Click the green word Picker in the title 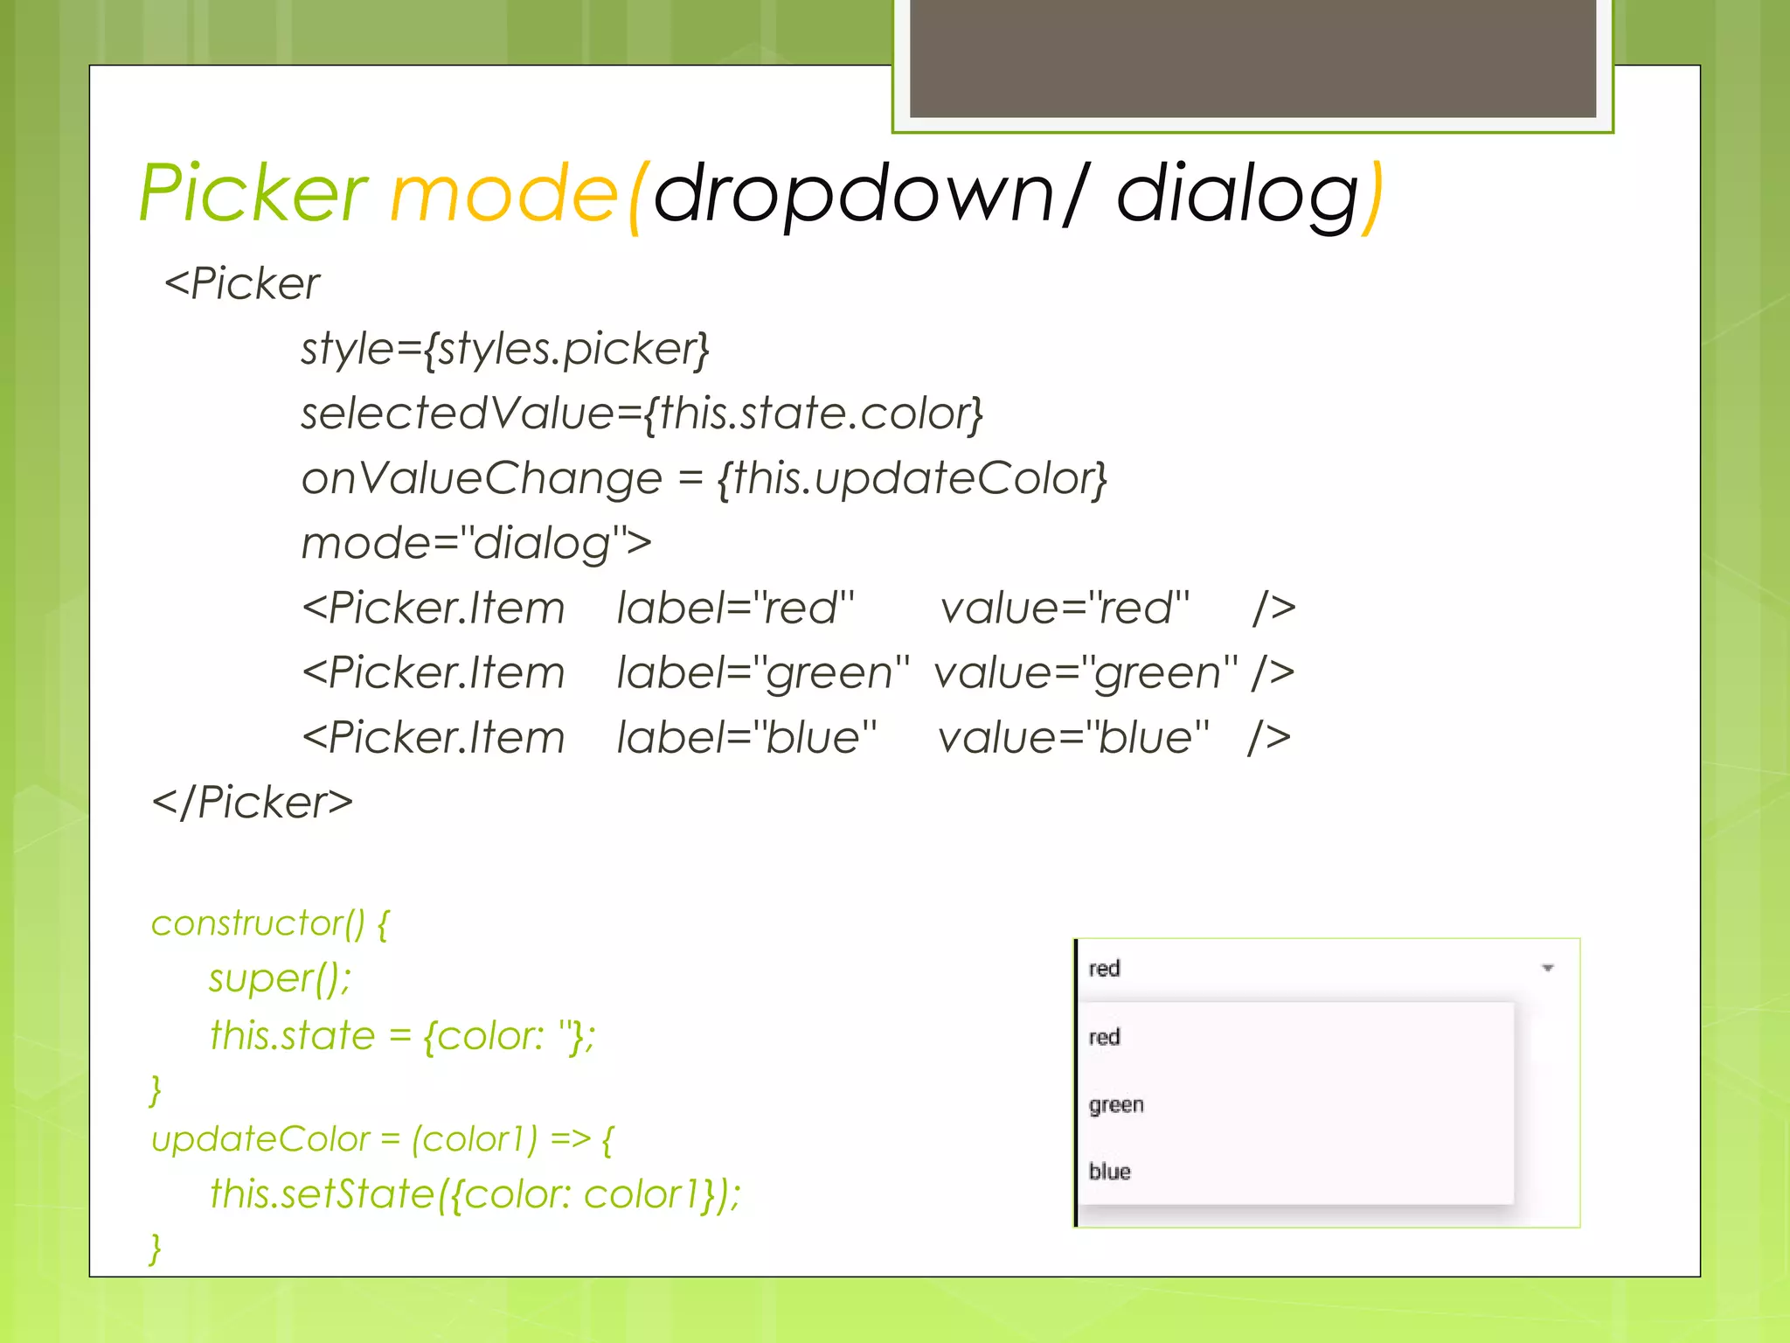point(253,194)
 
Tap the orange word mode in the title point(504,194)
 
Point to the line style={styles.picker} point(505,349)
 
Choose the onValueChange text point(481,478)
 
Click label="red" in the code point(734,608)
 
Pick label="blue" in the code point(746,738)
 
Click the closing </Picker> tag point(253,803)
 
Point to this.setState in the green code point(322,1194)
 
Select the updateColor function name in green point(260,1139)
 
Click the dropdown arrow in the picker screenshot point(1547,968)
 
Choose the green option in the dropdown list point(1116,1104)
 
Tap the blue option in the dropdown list point(1110,1172)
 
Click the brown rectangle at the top point(1252,58)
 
